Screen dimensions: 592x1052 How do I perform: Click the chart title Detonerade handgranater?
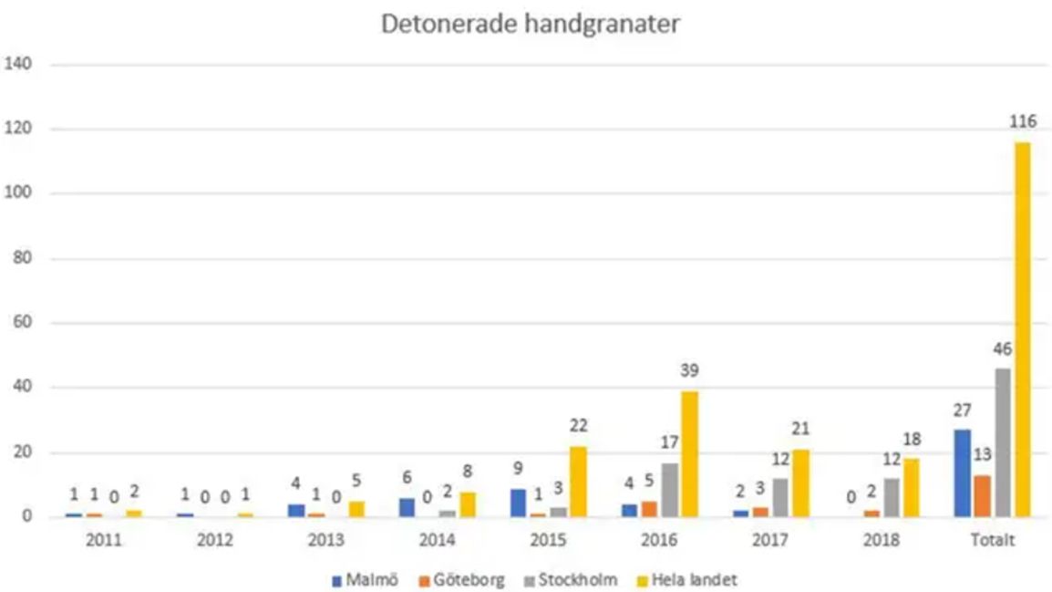[x=530, y=25]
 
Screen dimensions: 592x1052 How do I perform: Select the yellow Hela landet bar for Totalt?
[x=1022, y=329]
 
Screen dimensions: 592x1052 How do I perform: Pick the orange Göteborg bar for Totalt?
[x=982, y=495]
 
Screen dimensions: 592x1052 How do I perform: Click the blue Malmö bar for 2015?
[x=517, y=503]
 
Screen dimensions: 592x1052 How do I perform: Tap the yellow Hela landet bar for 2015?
[x=577, y=482]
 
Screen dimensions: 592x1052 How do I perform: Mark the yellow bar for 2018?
[x=910, y=487]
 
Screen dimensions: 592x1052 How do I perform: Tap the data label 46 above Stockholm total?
[x=1002, y=349]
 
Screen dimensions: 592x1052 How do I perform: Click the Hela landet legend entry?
[x=693, y=579]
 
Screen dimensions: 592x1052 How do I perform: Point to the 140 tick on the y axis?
[x=19, y=65]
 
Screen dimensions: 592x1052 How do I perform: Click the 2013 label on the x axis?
[x=325, y=539]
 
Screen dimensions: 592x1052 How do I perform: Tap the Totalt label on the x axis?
[x=992, y=539]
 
